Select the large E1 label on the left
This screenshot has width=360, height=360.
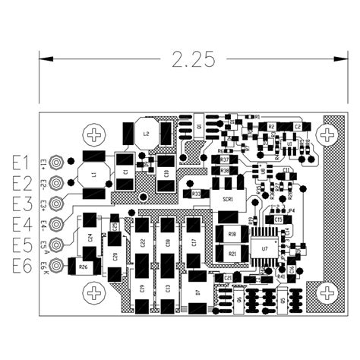pos(21,163)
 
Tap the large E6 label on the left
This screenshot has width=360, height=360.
pos(21,266)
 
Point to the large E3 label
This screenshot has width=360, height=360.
pos(21,204)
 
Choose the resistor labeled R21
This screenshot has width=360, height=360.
pos(232,253)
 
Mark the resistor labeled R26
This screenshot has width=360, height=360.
pos(83,267)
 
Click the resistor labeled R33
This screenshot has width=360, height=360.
pos(196,194)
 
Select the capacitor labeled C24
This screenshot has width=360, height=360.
pos(90,237)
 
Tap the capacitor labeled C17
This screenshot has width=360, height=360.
pos(194,242)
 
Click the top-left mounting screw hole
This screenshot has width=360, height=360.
pos(95,135)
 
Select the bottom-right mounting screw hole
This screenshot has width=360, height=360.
pos(327,292)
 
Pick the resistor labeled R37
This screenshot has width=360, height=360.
pos(225,160)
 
